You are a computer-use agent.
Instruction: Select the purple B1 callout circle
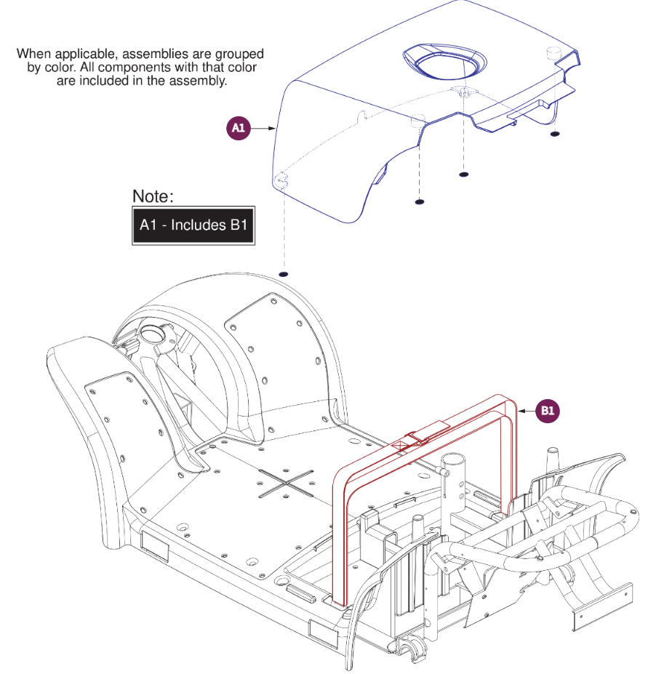(548, 411)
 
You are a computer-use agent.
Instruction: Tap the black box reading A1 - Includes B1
(193, 225)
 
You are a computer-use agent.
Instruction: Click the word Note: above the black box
(153, 196)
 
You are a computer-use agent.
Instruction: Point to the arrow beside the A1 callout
(263, 129)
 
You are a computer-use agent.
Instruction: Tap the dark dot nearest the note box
(284, 275)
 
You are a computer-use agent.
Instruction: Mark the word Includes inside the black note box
(199, 225)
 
